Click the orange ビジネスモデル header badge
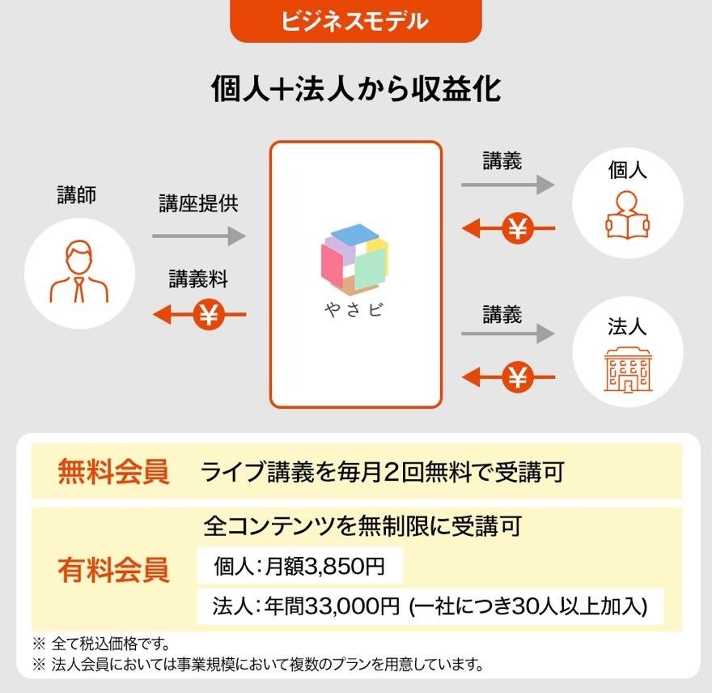point(355,21)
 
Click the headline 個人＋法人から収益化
point(355,88)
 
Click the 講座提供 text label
point(198,204)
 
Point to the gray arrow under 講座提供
point(198,236)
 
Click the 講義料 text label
point(198,279)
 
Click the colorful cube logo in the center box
point(355,257)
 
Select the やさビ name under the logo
point(355,311)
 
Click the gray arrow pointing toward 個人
point(507,185)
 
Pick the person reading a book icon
point(627,215)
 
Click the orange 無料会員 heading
point(113,472)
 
